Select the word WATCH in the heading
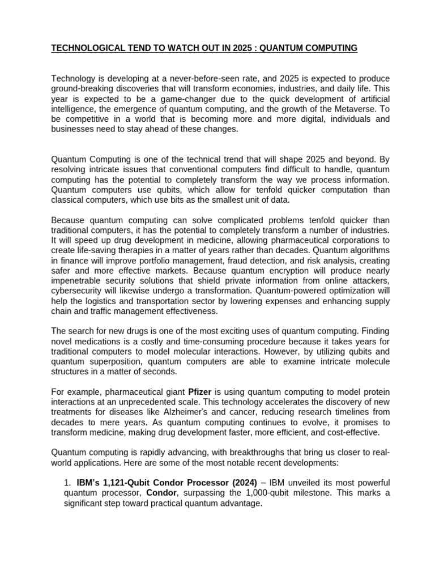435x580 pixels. (x=167, y=48)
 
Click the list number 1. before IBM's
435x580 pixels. (x=67, y=483)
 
